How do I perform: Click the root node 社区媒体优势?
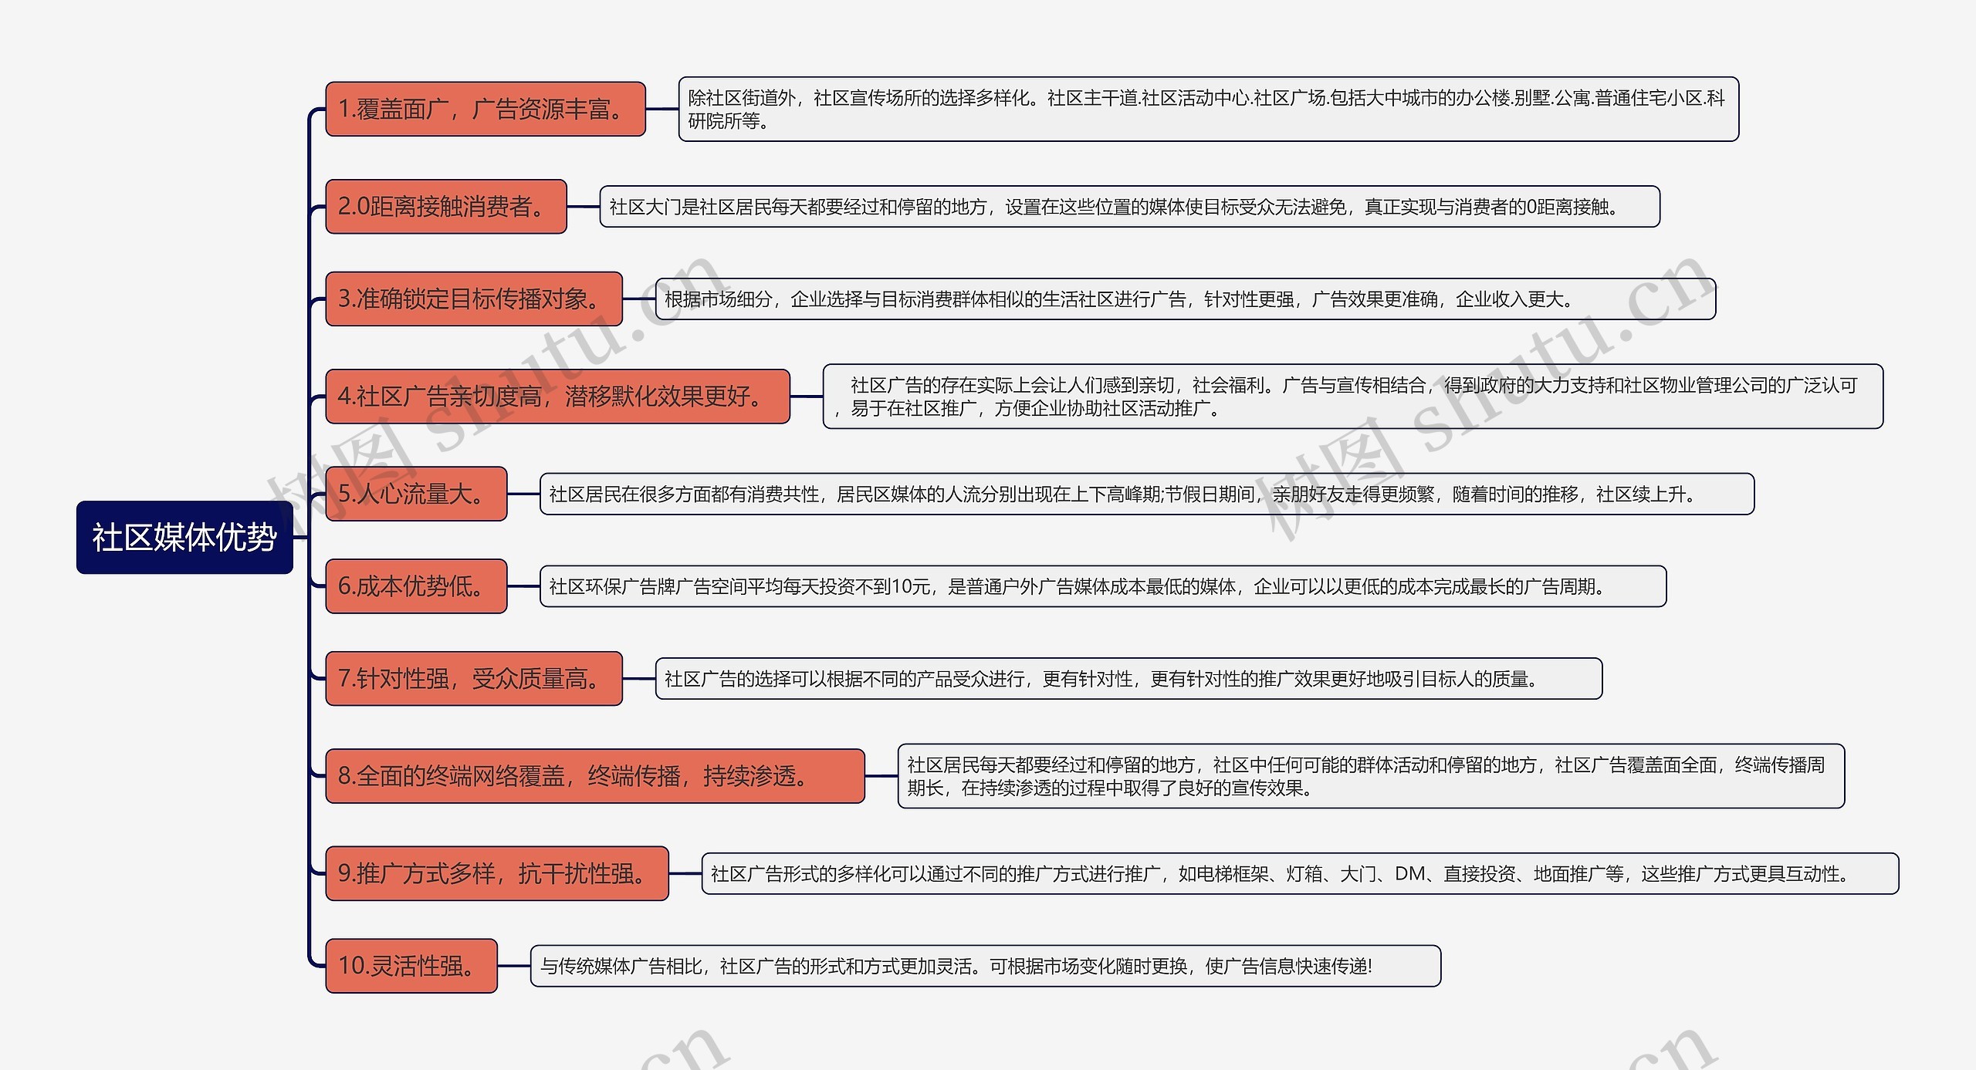184,538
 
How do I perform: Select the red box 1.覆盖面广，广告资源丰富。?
485,110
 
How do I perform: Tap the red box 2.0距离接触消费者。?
445,207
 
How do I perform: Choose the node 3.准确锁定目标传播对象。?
473,299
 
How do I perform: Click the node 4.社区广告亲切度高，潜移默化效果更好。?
557,397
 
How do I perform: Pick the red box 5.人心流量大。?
416,494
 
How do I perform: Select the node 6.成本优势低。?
416,586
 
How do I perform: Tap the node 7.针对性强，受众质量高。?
473,679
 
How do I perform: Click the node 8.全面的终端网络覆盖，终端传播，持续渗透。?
594,776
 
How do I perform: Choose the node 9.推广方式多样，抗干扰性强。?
496,873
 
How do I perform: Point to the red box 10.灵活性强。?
411,966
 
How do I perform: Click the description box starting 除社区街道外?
1208,110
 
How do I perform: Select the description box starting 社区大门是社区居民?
1129,207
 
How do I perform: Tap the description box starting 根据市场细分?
1185,299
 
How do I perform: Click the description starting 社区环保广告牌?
1102,586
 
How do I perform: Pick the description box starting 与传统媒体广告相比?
985,966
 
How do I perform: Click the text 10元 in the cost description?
911,587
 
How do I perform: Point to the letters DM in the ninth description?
1409,873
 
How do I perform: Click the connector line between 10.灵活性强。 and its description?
514,966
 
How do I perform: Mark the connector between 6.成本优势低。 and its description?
523,586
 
